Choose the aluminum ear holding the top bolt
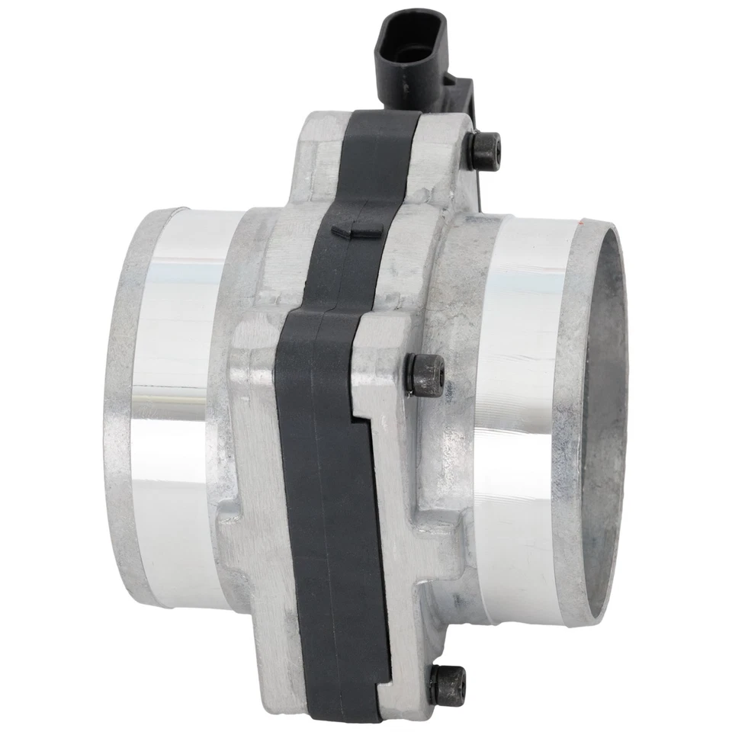pyautogui.click(x=457, y=152)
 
